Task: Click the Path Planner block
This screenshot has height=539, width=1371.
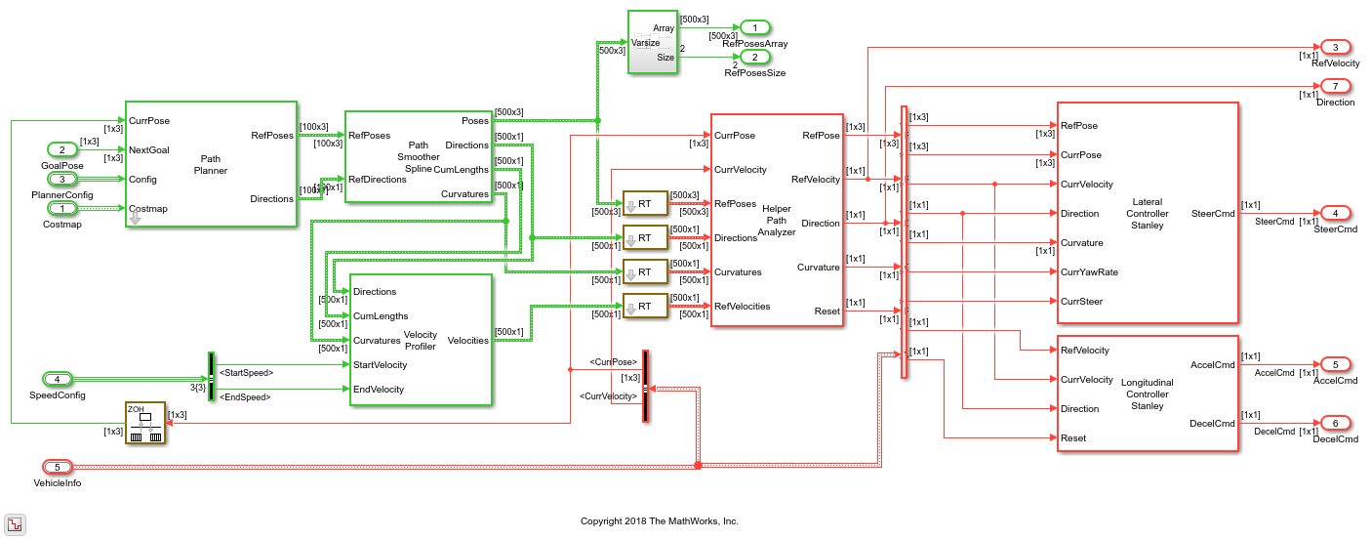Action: click(210, 164)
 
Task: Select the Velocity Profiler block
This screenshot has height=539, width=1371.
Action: click(421, 339)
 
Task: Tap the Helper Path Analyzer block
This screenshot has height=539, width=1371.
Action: click(776, 221)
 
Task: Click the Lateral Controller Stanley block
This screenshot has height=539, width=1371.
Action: click(1147, 213)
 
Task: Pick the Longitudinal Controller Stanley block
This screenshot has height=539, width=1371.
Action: click(1147, 394)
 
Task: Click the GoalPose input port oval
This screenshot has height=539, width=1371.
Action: click(62, 149)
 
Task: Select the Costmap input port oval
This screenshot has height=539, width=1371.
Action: click(62, 208)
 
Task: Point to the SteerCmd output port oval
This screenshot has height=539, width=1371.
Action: click(1334, 213)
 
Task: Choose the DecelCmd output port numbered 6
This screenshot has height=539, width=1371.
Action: click(1334, 423)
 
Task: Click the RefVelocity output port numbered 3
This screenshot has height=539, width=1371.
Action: click(1334, 47)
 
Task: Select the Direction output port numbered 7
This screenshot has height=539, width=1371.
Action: click(1334, 86)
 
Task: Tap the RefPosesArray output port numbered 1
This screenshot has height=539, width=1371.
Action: click(754, 27)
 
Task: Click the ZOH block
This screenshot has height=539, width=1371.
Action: click(144, 423)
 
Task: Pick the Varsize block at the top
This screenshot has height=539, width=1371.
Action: click(652, 42)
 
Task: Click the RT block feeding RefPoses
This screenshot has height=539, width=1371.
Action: click(644, 204)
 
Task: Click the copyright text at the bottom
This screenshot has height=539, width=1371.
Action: click(659, 521)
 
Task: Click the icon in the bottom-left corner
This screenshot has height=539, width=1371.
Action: click(15, 523)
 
